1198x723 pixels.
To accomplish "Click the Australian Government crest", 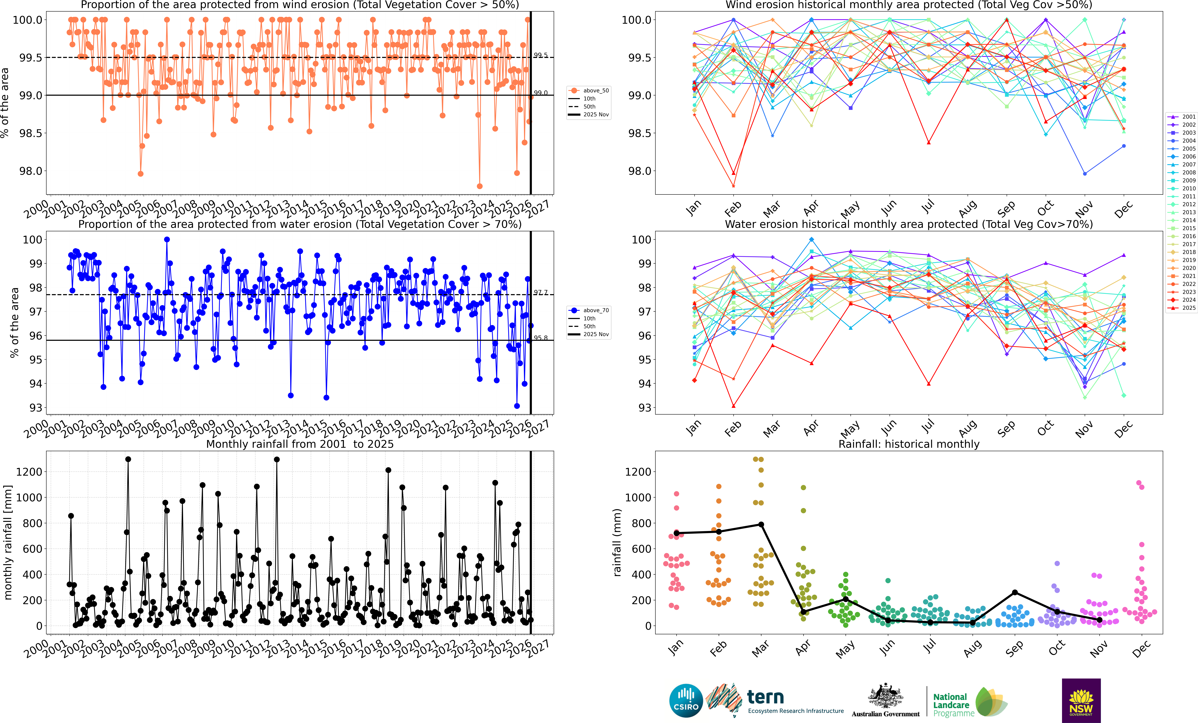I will click(x=885, y=695).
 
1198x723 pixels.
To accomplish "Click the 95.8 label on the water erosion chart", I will click(x=540, y=338).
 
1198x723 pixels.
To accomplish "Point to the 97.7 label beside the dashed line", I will click(x=540, y=292).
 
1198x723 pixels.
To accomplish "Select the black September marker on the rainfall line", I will click(x=1015, y=592).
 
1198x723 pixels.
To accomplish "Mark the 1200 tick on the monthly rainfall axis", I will click(x=29, y=472).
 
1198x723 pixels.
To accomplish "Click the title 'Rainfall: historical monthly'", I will click(x=909, y=444).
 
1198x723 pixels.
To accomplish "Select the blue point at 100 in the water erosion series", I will click(x=167, y=239).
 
